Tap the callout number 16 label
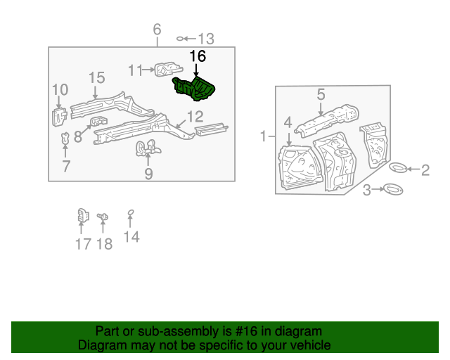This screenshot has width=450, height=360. click(198, 56)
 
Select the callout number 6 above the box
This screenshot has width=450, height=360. click(157, 30)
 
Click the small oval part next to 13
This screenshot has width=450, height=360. click(181, 39)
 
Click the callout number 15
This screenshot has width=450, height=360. click(96, 78)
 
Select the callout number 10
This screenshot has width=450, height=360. click(60, 89)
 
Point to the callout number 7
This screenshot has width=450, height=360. click(66, 166)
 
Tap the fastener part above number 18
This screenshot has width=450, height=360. click(103, 218)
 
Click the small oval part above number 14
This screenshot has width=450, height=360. click(130, 214)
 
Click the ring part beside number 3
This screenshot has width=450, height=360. click(392, 189)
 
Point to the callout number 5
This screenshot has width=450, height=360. click(321, 94)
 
